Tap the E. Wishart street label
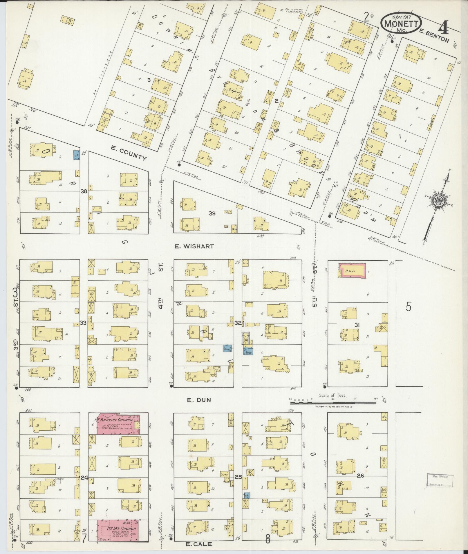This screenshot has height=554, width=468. coord(194,246)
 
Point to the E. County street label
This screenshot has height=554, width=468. coord(129,153)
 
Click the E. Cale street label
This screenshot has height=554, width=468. coord(199,544)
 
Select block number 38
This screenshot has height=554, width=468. coord(84,191)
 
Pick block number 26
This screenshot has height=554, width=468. coord(360,475)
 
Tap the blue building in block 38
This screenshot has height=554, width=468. coord(76,155)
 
